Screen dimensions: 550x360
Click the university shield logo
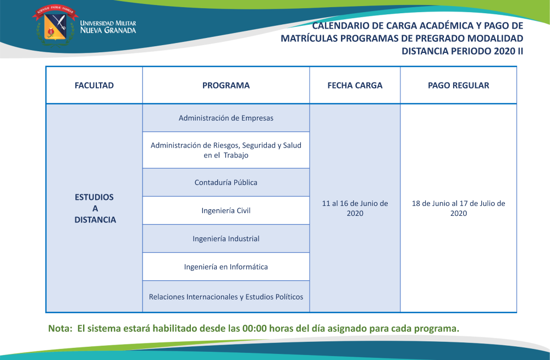tap(55, 25)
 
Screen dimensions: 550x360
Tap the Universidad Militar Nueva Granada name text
tap(108, 27)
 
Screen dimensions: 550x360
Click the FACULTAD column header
tap(94, 85)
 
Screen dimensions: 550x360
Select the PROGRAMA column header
tap(226, 85)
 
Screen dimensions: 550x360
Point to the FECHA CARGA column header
tap(355, 85)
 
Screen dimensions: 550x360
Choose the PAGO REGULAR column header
tap(459, 85)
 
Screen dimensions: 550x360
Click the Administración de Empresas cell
tap(226, 118)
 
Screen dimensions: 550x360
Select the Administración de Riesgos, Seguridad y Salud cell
tap(226, 150)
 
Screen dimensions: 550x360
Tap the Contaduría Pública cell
tap(226, 182)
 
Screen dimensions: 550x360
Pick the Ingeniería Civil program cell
tap(226, 210)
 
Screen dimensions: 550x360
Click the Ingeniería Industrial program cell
tap(226, 238)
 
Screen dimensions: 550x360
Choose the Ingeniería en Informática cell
tap(226, 266)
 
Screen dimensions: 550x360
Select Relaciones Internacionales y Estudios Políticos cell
tap(226, 297)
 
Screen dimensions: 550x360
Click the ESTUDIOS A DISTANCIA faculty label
tap(95, 208)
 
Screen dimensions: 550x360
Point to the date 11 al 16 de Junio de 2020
tap(355, 208)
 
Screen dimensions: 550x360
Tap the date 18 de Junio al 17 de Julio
tap(459, 208)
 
